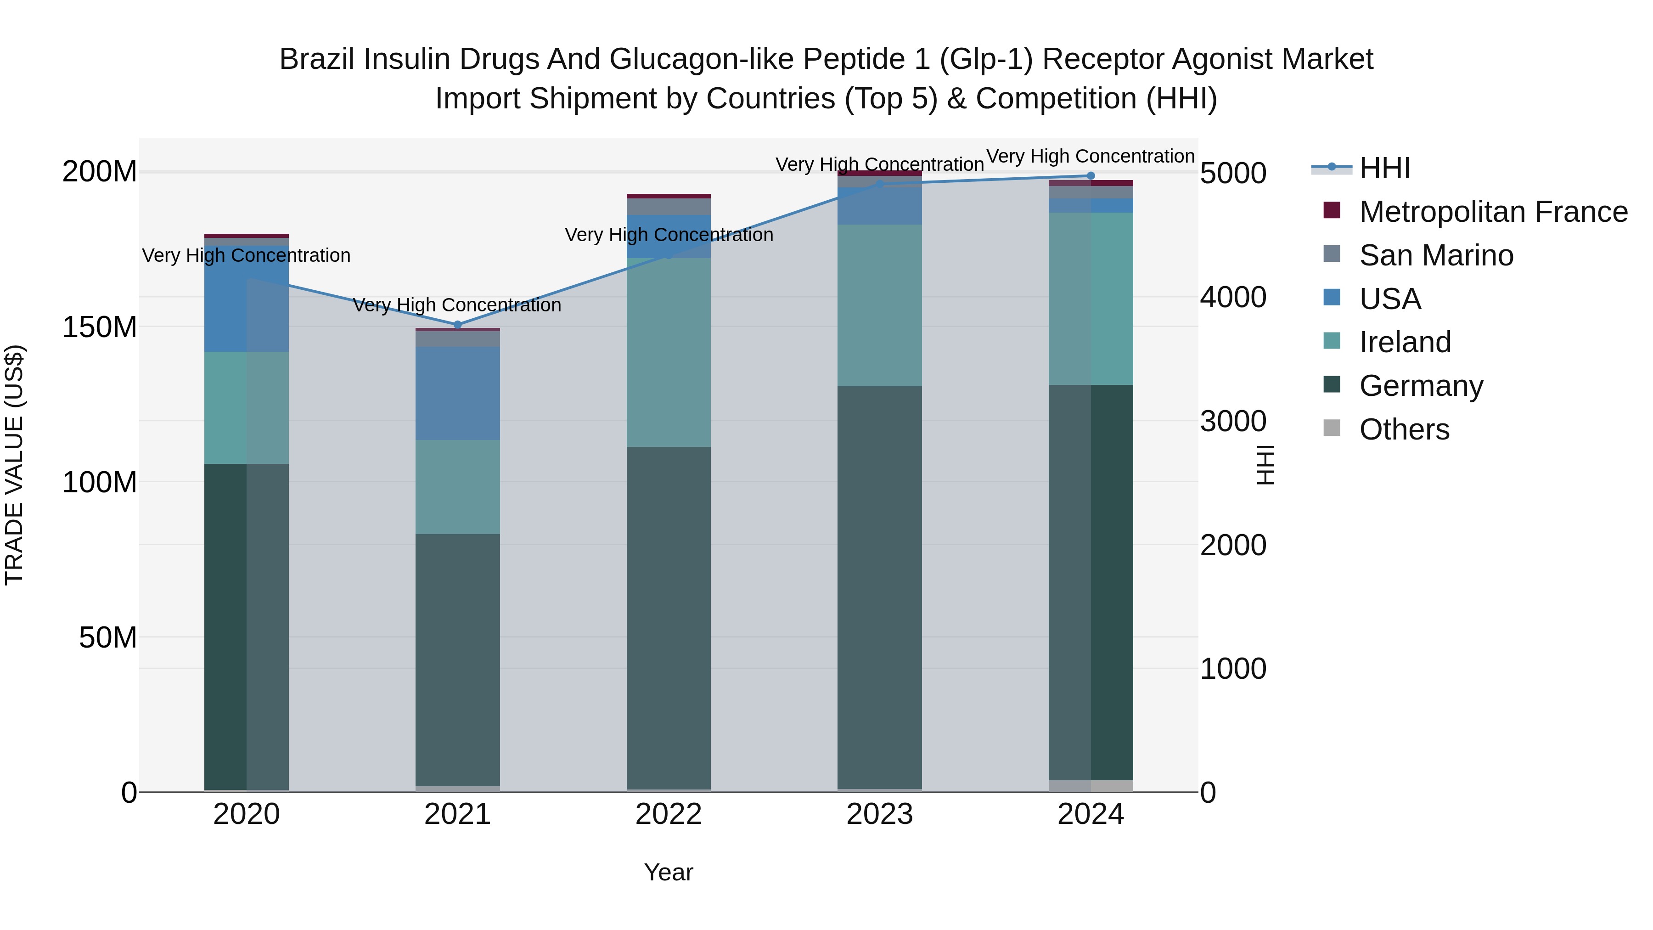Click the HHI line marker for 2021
tap(457, 325)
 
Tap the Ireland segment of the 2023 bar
tap(879, 305)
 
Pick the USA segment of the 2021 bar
tap(457, 394)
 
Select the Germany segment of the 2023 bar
tap(879, 587)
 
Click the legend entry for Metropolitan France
tap(1493, 212)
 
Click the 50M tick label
tap(108, 637)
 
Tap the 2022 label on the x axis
tap(669, 814)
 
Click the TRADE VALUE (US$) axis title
tap(14, 465)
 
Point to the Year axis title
tap(669, 872)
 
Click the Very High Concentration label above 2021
tap(457, 305)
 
